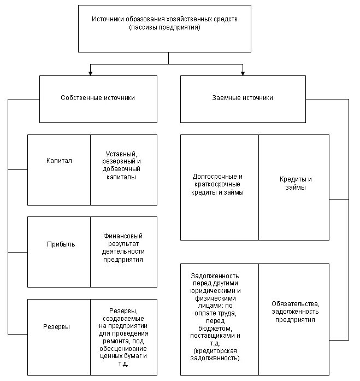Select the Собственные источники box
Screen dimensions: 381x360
[98, 98]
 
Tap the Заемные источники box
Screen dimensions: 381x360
[243, 98]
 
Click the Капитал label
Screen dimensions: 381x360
[59, 161]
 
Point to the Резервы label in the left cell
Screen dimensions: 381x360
[57, 327]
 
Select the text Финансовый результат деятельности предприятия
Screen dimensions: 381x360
[123, 248]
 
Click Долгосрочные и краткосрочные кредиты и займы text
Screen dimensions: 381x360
[217, 184]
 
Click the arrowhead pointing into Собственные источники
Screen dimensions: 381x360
[91, 72]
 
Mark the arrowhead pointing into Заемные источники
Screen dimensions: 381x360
[243, 72]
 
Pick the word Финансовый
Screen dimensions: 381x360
[123, 236]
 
